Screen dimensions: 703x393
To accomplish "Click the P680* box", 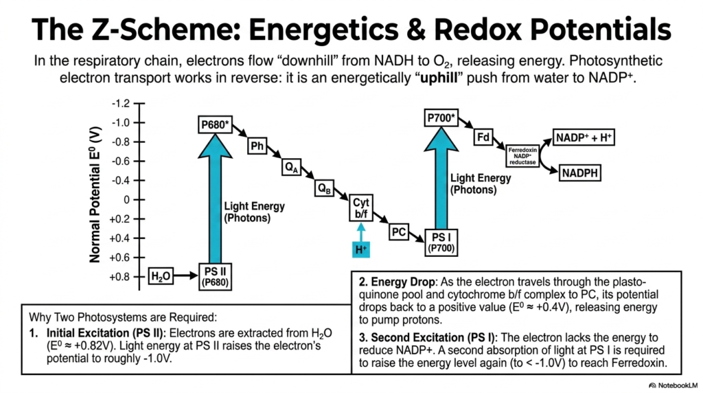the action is click(x=215, y=124).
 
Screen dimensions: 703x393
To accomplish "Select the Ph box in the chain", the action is click(x=257, y=146).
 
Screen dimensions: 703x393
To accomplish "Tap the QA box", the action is click(x=291, y=168).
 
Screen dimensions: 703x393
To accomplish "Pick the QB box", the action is click(x=324, y=188).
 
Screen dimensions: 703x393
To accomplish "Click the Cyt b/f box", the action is click(x=361, y=208).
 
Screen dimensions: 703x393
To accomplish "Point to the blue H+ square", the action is click(x=361, y=249).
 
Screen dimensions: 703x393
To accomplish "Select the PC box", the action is click(x=399, y=232).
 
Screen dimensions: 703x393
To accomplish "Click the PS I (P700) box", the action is click(x=441, y=243).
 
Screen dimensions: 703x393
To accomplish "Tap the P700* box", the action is click(x=441, y=118).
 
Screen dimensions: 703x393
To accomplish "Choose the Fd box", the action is click(x=483, y=137).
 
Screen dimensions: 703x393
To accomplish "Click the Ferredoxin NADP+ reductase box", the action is click(x=522, y=156).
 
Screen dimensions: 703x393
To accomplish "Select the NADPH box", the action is click(x=579, y=172).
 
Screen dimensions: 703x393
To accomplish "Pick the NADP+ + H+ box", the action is click(x=584, y=137).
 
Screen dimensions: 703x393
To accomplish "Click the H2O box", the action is click(x=161, y=276).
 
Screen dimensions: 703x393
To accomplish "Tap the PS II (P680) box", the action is click(x=215, y=277).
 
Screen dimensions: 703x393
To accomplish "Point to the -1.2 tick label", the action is click(x=121, y=104).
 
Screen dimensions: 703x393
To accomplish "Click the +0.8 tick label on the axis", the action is click(x=119, y=277).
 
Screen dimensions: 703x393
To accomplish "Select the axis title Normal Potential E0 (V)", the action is click(x=95, y=194).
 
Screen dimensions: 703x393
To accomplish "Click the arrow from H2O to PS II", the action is click(x=185, y=276).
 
